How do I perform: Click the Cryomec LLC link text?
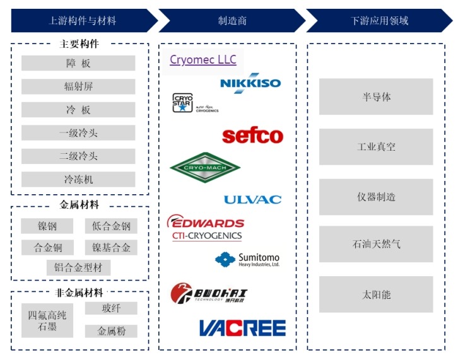pyautogui.click(x=203, y=60)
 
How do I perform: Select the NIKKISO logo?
pyautogui.click(x=250, y=84)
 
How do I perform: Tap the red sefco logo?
pyautogui.click(x=252, y=136)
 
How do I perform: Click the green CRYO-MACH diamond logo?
pyautogui.click(x=205, y=167)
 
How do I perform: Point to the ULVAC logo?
pyautogui.click(x=252, y=199)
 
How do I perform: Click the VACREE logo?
pyautogui.click(x=242, y=328)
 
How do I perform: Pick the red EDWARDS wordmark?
pyautogui.click(x=206, y=223)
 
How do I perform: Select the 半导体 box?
pyautogui.click(x=376, y=97)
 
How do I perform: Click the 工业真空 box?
pyautogui.click(x=376, y=147)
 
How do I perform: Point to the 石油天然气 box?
pyautogui.click(x=376, y=244)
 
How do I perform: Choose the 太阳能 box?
pyautogui.click(x=376, y=294)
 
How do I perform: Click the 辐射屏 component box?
pyautogui.click(x=78, y=86)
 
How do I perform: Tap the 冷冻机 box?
pyautogui.click(x=78, y=180)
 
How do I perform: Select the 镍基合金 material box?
pyautogui.click(x=111, y=247)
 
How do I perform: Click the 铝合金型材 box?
pyautogui.click(x=78, y=267)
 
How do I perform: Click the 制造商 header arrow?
pyautogui.click(x=232, y=21)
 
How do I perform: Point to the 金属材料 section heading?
pyautogui.click(x=79, y=205)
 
